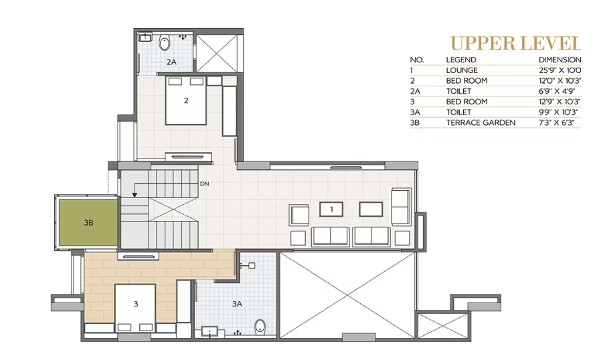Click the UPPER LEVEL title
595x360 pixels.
515,44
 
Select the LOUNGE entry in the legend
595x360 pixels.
462,70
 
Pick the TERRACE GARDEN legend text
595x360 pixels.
481,122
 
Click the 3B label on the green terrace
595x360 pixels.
89,223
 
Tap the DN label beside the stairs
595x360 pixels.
204,183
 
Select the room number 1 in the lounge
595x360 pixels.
331,209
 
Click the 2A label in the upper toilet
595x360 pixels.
171,62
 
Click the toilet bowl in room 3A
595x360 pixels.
260,326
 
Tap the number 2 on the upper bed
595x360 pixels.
186,101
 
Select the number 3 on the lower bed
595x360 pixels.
136,304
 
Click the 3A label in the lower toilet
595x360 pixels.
236,304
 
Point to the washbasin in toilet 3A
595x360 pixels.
209,331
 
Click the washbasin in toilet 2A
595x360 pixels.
144,38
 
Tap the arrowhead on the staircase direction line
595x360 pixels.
135,195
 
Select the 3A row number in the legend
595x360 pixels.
416,112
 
